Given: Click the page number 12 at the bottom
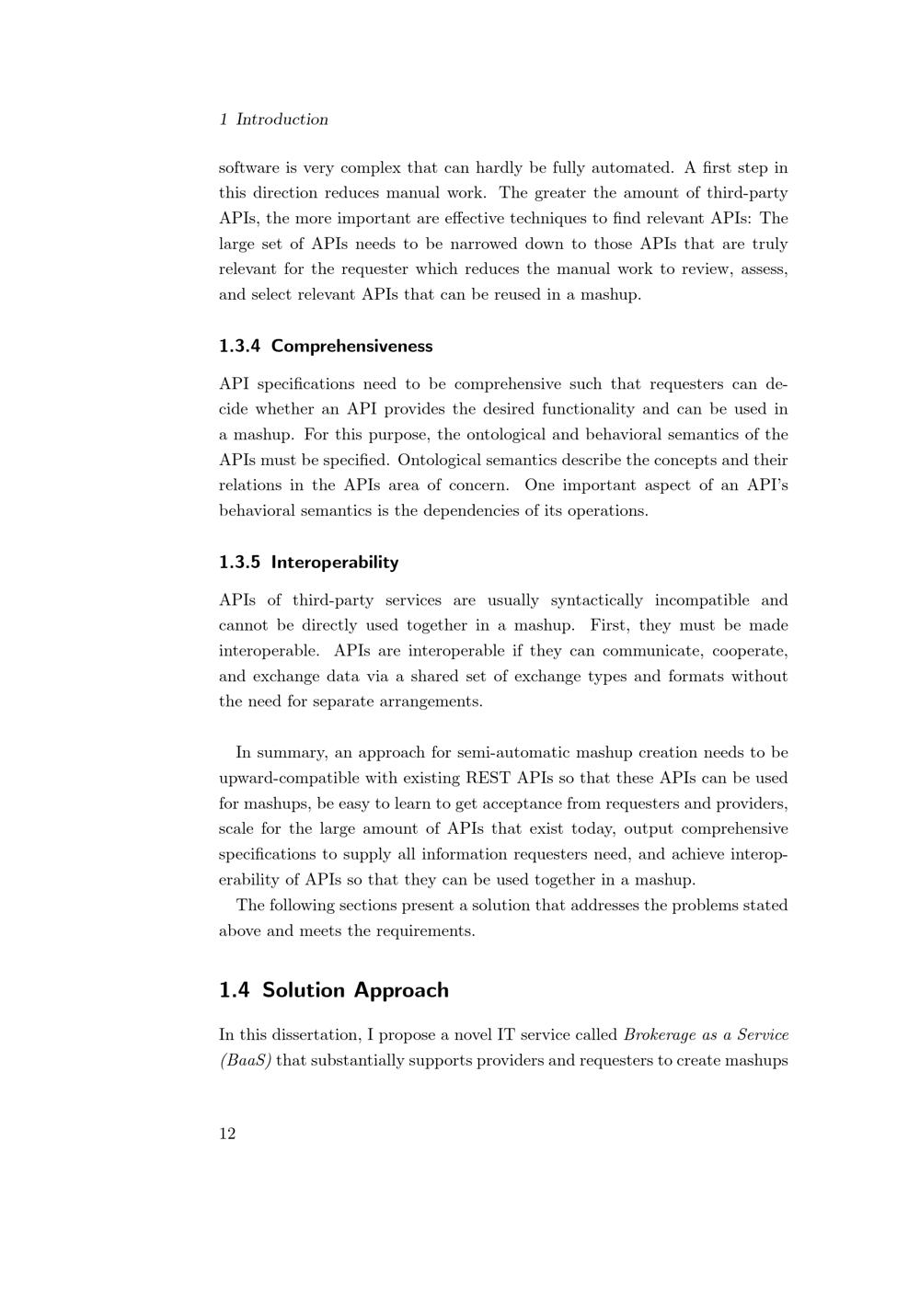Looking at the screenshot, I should click(227, 1134).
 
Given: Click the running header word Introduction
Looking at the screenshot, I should click(282, 120).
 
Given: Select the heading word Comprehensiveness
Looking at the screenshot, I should click(351, 347).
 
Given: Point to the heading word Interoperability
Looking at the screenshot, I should click(334, 563).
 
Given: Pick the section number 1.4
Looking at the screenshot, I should click(235, 990).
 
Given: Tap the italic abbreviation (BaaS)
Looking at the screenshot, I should click(245, 1061).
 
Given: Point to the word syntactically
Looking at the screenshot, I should click(596, 601).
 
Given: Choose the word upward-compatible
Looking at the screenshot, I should click(291, 779).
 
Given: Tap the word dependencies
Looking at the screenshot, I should click(471, 511).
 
